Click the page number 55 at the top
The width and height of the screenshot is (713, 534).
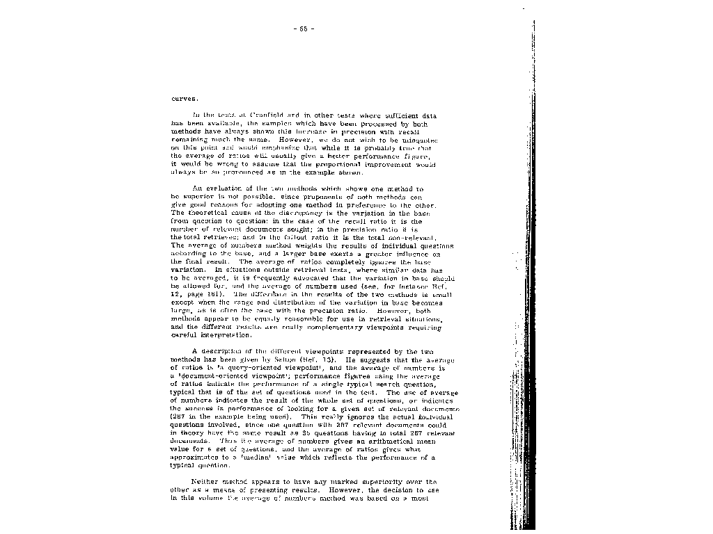304,29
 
